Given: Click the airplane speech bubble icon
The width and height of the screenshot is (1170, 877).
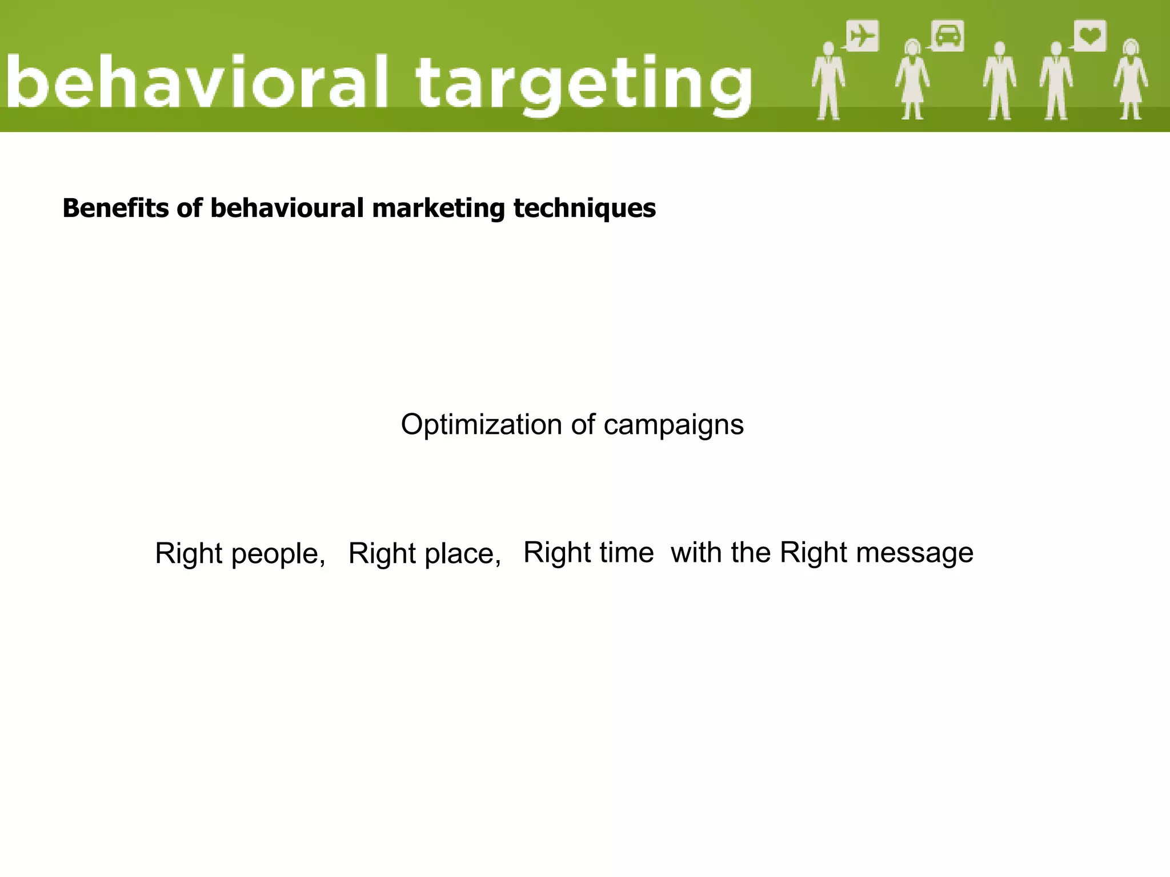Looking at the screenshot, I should [x=862, y=36].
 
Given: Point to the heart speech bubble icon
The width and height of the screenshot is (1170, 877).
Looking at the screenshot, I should [x=1090, y=36].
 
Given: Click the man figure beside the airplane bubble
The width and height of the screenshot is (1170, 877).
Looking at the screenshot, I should [x=828, y=80].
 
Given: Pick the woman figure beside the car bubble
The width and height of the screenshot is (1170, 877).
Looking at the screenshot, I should [x=912, y=80].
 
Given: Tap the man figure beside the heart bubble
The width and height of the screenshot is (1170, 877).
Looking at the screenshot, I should [x=1056, y=80].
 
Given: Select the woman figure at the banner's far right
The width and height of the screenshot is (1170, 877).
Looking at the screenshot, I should [x=1131, y=80].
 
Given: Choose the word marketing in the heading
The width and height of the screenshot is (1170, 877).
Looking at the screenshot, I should [x=438, y=209].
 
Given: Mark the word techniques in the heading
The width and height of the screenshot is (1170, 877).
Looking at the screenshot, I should [x=584, y=209].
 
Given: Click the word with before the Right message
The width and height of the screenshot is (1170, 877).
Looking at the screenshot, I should [x=695, y=553].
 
